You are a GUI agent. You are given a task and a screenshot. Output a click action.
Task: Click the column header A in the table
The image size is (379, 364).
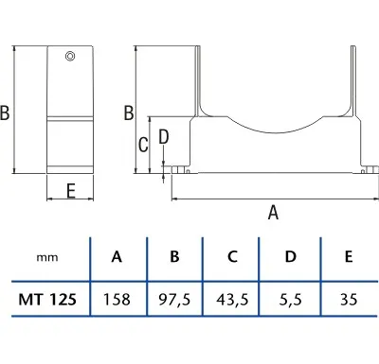[117, 256]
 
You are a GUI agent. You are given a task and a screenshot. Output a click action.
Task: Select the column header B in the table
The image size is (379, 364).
[175, 256]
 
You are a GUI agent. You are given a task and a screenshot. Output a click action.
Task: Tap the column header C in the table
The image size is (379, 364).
[232, 256]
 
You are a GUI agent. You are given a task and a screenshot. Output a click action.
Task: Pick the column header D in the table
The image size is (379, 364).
[290, 256]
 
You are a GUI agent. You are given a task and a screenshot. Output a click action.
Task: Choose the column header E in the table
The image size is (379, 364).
[348, 256]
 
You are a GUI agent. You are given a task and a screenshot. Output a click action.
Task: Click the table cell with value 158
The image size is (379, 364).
[117, 301]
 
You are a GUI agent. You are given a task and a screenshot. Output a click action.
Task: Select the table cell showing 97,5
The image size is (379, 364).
[175, 301]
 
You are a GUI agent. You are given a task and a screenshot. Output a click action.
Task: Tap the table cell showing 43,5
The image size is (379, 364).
[232, 301]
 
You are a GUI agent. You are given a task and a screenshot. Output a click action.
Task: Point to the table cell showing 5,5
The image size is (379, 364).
[290, 301]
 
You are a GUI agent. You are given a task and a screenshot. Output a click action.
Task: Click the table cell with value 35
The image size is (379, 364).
[348, 301]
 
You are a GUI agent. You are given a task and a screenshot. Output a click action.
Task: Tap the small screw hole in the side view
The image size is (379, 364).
[70, 58]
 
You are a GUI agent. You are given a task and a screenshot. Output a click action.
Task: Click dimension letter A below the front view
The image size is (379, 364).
[273, 213]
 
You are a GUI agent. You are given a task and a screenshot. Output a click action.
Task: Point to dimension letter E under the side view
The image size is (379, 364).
[71, 189]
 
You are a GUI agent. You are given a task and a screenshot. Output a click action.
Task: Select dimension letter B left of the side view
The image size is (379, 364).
[7, 113]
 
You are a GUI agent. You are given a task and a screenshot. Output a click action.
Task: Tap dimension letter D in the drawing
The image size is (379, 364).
[163, 137]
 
